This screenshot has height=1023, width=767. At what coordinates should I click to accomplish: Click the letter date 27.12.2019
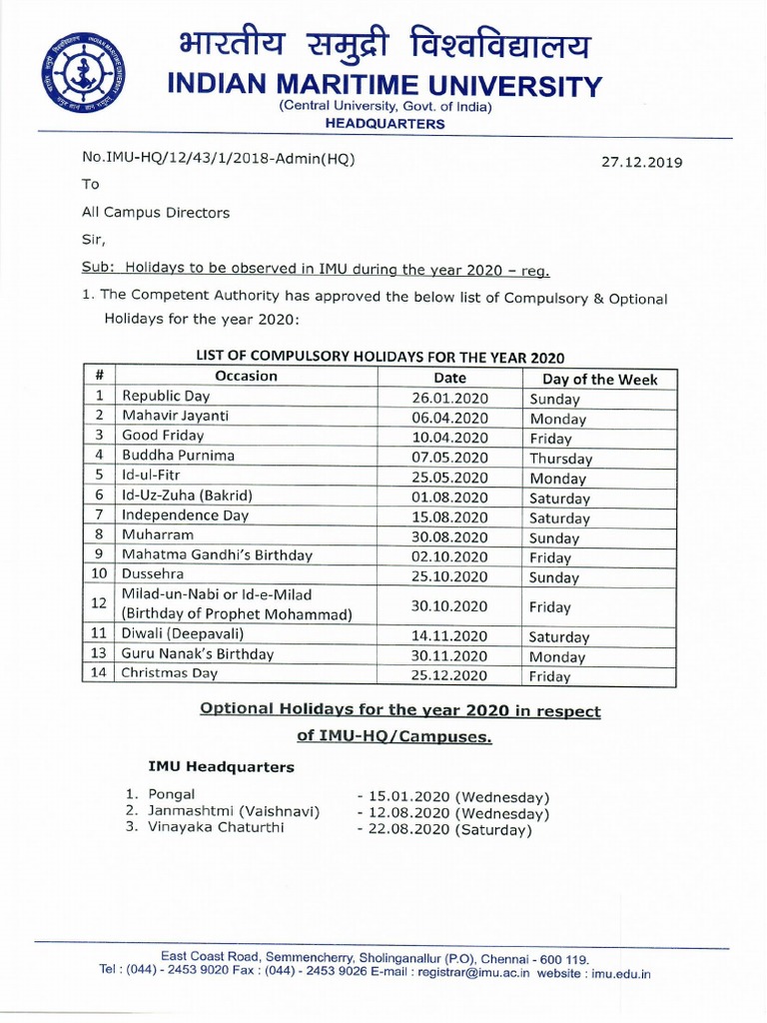click(x=641, y=162)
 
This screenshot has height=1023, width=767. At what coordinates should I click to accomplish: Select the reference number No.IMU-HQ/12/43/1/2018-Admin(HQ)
click(x=218, y=159)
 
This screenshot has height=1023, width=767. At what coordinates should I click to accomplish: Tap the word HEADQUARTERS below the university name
click(x=385, y=124)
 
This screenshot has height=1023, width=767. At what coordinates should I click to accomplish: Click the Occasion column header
click(x=246, y=377)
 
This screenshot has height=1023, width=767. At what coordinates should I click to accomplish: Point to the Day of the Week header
click(x=599, y=379)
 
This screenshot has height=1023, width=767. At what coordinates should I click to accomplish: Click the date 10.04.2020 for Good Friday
click(x=449, y=438)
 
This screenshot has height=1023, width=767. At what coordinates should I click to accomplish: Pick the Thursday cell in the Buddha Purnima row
click(x=560, y=459)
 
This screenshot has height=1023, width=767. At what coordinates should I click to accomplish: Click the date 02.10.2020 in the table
click(x=449, y=556)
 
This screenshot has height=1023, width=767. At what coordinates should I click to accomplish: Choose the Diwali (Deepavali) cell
click(x=183, y=634)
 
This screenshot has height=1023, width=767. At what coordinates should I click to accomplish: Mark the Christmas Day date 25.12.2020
click(x=449, y=675)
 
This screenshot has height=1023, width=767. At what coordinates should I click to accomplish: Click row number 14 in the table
click(x=98, y=673)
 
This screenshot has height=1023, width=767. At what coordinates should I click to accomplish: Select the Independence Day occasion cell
click(x=185, y=515)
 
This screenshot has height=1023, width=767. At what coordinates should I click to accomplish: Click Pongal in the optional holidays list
click(x=172, y=793)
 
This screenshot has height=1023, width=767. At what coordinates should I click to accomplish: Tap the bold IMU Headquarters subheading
click(x=221, y=766)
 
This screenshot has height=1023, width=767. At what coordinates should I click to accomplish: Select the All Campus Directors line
click(x=155, y=212)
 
